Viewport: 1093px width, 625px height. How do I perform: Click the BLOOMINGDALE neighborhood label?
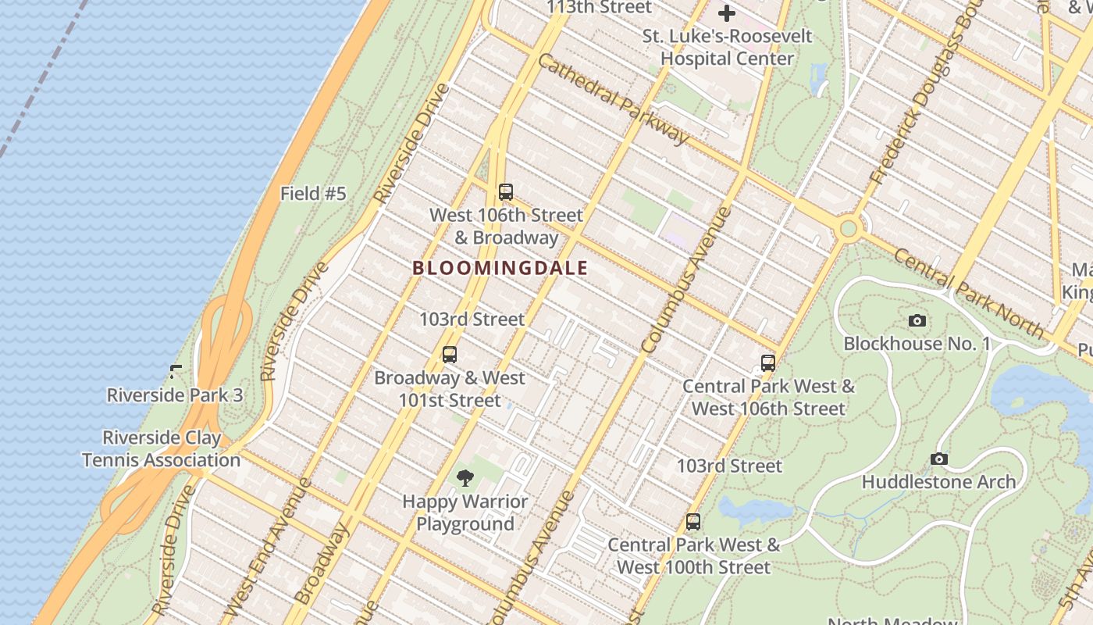500,268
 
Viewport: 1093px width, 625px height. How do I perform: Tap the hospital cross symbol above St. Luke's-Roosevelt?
727,13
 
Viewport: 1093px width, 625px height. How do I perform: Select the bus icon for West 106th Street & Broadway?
506,192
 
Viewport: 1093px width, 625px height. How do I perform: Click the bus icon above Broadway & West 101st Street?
450,355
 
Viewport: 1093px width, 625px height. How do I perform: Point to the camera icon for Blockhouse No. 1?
917,320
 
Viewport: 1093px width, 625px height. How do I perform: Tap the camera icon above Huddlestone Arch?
939,459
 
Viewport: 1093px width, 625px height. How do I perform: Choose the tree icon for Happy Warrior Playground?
465,478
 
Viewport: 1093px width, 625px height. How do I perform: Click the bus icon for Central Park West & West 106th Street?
768,363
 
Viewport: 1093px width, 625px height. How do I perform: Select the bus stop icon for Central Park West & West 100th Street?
693,522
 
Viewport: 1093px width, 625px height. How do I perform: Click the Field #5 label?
312,194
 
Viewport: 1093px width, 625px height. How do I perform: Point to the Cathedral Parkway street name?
614,99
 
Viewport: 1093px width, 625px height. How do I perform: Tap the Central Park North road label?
968,294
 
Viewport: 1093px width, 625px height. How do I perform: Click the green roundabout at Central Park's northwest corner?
848,229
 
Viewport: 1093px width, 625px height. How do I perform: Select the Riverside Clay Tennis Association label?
162,448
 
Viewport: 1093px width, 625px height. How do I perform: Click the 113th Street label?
598,8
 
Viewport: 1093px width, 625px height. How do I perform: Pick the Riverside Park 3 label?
175,395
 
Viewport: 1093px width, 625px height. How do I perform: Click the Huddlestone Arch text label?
938,482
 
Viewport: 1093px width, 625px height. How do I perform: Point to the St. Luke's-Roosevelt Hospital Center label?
727,47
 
